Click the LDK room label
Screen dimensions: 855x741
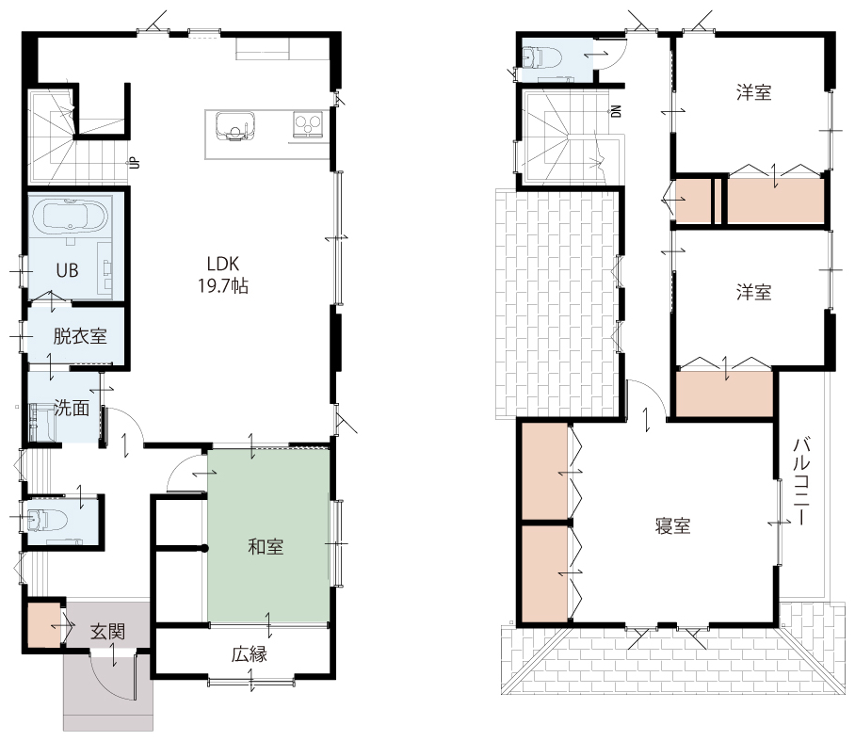(x=223, y=264)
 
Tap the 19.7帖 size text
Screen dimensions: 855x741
(x=223, y=285)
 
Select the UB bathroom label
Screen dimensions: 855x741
(x=67, y=270)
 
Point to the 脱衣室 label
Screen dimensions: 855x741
(x=80, y=336)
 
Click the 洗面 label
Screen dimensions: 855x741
(x=72, y=408)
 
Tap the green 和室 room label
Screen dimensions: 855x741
(x=266, y=546)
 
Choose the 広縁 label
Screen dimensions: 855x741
(x=250, y=654)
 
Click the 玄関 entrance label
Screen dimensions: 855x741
(x=107, y=632)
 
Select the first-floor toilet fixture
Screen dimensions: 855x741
(x=45, y=520)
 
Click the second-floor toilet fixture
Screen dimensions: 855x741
(x=541, y=56)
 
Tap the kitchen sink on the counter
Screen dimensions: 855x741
(x=235, y=126)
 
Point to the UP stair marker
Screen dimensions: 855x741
(x=134, y=163)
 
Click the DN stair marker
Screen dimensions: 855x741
(x=617, y=111)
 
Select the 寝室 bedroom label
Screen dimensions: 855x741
(x=673, y=526)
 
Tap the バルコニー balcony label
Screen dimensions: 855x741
(x=801, y=481)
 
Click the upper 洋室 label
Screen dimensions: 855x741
(x=754, y=92)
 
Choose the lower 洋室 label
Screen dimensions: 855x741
(x=754, y=293)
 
